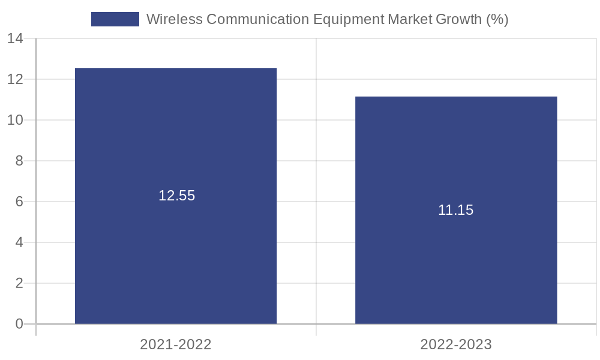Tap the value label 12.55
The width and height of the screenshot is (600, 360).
click(x=176, y=196)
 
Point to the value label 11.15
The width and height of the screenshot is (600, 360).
click(x=455, y=210)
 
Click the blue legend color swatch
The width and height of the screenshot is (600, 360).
click(x=115, y=19)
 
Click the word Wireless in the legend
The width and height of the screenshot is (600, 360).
click(x=174, y=19)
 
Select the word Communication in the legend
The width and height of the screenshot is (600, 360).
click(x=257, y=19)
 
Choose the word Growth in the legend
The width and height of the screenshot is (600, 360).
click(x=459, y=19)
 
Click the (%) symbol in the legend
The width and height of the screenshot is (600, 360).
click(x=497, y=19)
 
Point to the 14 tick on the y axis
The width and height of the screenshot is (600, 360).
click(x=15, y=39)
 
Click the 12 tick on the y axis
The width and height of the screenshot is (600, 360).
click(x=15, y=79)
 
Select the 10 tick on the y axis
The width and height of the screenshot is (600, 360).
click(x=15, y=120)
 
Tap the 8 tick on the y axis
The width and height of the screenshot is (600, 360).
click(x=19, y=161)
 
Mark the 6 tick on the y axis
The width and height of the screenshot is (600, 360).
click(x=19, y=202)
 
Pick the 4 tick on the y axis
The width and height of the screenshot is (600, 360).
click(x=19, y=242)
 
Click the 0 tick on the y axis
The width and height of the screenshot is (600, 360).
click(x=19, y=324)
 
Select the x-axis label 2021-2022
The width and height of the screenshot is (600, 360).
click(x=176, y=344)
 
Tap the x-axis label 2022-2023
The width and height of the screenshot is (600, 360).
click(x=456, y=344)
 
